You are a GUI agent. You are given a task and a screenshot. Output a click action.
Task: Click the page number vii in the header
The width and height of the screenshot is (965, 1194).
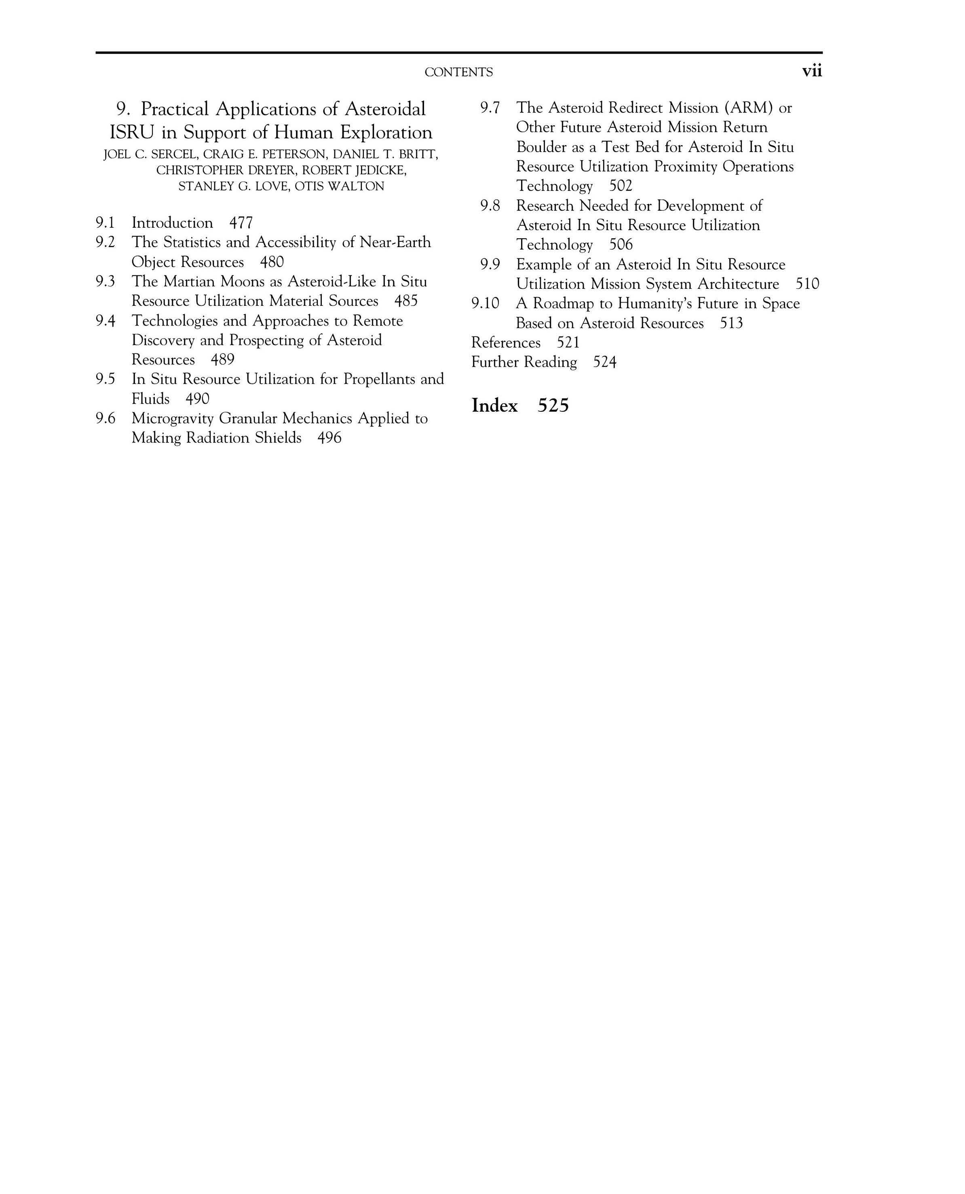coord(812,71)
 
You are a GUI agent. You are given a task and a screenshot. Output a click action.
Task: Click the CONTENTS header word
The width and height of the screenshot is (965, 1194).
coord(458,72)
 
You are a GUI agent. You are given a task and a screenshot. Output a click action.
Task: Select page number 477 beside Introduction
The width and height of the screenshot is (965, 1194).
coord(241,223)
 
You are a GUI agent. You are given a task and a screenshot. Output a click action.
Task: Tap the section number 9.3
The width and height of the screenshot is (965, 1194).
coord(105,282)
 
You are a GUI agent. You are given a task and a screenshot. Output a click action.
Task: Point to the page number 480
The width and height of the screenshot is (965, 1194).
coord(272,262)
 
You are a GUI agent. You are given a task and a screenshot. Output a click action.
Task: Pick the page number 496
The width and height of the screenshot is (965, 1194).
coord(329,438)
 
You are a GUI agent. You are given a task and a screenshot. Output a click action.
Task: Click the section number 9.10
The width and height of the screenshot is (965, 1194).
coord(485,304)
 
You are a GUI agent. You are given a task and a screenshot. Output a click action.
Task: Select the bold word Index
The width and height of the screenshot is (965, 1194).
coord(494,405)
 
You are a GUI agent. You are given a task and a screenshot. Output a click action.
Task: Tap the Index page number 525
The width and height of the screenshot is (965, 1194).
coord(553,405)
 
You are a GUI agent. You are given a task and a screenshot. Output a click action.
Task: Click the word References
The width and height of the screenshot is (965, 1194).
coord(506,343)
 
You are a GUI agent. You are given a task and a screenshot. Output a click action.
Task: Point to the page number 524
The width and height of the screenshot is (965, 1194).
coord(605,362)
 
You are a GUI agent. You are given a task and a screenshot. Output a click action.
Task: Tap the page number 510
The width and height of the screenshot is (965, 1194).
coord(807,284)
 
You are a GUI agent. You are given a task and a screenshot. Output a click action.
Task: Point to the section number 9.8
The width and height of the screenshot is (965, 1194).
coord(490,206)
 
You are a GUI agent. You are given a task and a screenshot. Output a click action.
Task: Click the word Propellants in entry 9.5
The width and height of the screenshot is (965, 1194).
coord(378,379)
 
